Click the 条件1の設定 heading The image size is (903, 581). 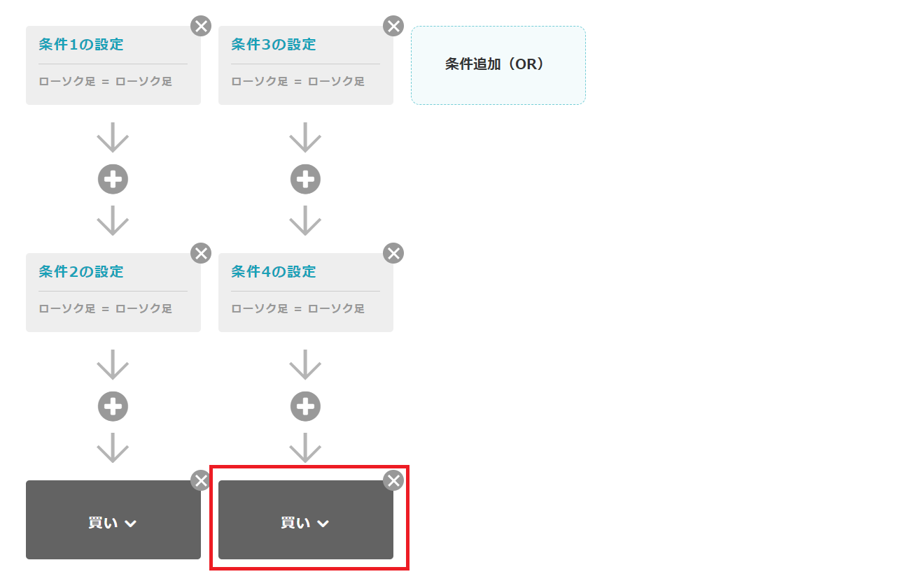(x=81, y=45)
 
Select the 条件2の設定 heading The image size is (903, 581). (x=81, y=272)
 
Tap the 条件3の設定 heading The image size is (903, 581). (x=274, y=45)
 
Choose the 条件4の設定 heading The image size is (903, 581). (x=274, y=272)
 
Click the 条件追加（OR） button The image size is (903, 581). (x=498, y=65)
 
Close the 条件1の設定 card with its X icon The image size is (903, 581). (x=201, y=27)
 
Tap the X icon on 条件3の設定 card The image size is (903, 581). (x=393, y=27)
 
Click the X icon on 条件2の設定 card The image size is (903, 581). (x=201, y=253)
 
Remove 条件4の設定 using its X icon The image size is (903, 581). (x=393, y=253)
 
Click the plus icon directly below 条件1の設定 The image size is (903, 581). (x=113, y=180)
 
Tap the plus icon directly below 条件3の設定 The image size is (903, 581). (x=305, y=180)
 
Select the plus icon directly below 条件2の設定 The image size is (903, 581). (x=113, y=406)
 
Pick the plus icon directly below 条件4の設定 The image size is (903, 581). (x=305, y=406)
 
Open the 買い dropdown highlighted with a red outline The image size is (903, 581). (x=305, y=523)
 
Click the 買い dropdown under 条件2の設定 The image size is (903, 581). (x=113, y=523)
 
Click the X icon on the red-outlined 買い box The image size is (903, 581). (x=393, y=480)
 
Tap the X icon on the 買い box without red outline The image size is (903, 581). (x=201, y=480)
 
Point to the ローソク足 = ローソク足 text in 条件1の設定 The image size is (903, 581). (x=106, y=82)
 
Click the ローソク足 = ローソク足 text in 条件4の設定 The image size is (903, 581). (x=298, y=309)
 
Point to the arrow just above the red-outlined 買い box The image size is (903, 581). (x=305, y=447)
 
